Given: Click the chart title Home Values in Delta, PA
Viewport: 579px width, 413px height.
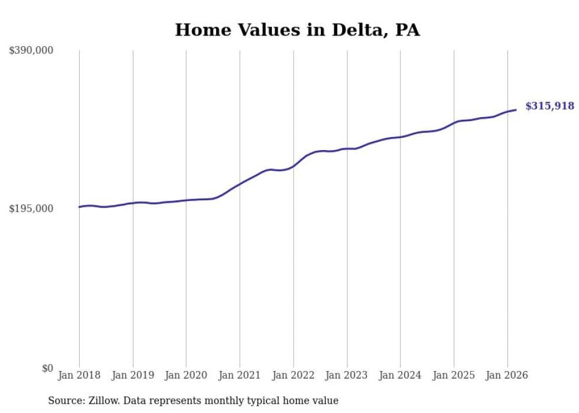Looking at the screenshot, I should click(x=297, y=30).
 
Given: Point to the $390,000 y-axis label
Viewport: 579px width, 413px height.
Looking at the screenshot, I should click(x=31, y=51).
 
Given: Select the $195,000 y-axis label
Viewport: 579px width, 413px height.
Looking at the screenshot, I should click(x=31, y=209).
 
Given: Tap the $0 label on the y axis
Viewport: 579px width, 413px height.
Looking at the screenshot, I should click(x=47, y=368).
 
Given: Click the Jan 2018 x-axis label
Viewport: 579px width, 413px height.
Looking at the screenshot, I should click(x=79, y=375).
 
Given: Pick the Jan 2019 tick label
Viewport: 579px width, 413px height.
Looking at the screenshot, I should click(x=133, y=375).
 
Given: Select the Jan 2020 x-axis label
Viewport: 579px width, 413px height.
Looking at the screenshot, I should click(x=186, y=375).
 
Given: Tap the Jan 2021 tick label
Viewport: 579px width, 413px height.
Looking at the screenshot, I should click(x=240, y=375).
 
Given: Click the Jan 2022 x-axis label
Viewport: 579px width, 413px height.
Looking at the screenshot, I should click(x=293, y=375).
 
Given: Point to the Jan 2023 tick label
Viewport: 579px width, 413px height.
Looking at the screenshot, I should click(x=347, y=375).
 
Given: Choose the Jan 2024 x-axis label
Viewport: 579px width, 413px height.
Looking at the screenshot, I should click(x=400, y=375).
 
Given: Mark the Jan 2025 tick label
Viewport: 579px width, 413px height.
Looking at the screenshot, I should click(x=454, y=375).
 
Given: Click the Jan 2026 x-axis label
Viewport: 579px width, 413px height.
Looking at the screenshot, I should click(x=507, y=375).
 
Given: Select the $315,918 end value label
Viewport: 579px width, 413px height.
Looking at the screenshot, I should click(x=549, y=106).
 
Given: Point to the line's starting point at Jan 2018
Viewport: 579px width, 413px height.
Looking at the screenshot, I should click(x=79, y=207).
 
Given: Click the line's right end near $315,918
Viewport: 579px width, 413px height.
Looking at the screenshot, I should click(x=516, y=109).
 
